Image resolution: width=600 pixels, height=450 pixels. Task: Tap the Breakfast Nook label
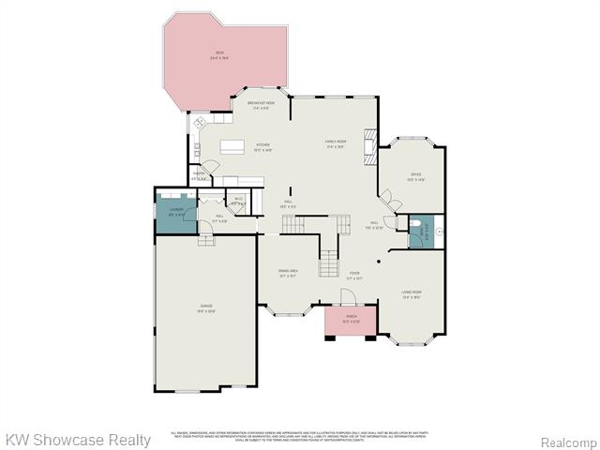(x=262, y=105)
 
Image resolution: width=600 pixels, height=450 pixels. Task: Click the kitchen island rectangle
(x=233, y=146)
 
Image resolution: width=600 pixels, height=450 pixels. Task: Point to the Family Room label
(x=337, y=143)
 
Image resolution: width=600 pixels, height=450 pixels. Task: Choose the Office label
(x=416, y=177)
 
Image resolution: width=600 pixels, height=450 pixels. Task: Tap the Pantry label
(x=200, y=175)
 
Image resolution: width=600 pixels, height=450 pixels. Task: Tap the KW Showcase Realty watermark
(x=78, y=440)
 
